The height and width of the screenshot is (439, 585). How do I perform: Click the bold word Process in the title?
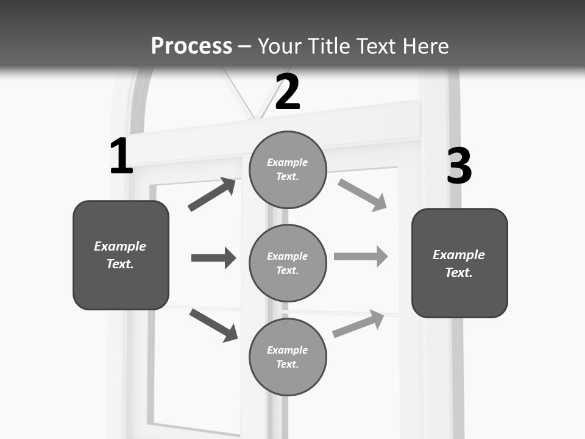pyautogui.click(x=191, y=46)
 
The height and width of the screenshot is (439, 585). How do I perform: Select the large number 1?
pyautogui.click(x=121, y=157)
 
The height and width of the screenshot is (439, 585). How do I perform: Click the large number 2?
pyautogui.click(x=288, y=92)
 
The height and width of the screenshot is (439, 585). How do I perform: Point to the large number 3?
pyautogui.click(x=459, y=166)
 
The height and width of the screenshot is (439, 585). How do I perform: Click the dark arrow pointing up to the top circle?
pyautogui.click(x=212, y=195)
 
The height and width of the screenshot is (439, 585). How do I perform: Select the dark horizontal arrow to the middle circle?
pyautogui.click(x=213, y=258)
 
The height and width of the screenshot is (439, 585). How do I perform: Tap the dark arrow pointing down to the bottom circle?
pyautogui.click(x=213, y=325)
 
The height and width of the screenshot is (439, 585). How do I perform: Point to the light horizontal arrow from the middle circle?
pyautogui.click(x=361, y=256)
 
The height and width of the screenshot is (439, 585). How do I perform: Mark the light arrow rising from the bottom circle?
pyautogui.click(x=358, y=324)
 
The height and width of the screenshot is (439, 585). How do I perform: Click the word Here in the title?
pyautogui.click(x=425, y=46)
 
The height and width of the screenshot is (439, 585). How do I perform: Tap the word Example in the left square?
pyautogui.click(x=120, y=246)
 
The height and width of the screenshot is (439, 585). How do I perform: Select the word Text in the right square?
pyautogui.click(x=458, y=273)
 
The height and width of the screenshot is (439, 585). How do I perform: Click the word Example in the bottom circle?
pyautogui.click(x=287, y=350)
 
